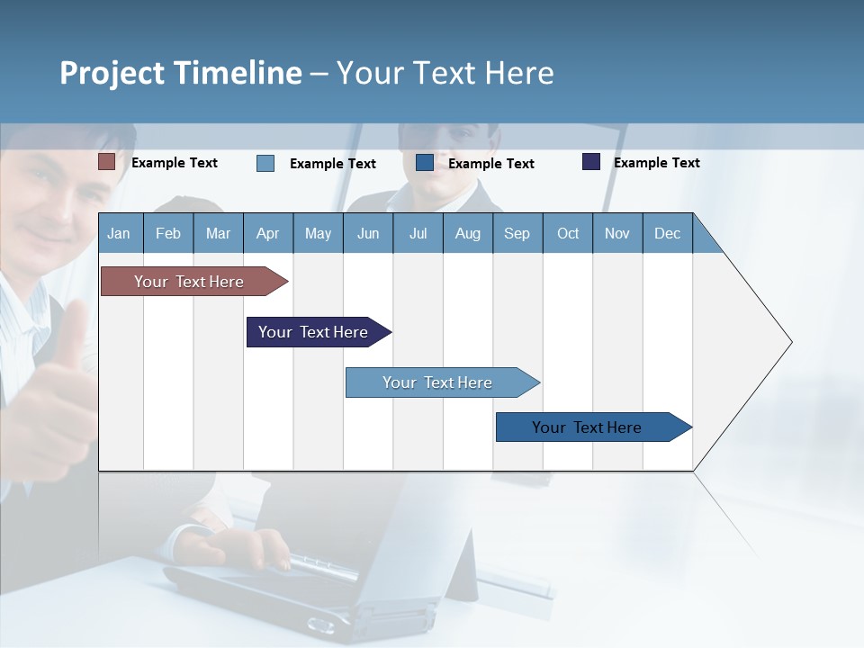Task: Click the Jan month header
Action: [x=119, y=233]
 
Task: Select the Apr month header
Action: [x=267, y=233]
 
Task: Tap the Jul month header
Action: [x=418, y=233]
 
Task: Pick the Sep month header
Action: [x=517, y=233]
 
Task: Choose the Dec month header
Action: [x=667, y=233]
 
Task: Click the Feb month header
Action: [x=168, y=233]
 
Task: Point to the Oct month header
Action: [x=568, y=233]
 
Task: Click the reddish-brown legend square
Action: [x=106, y=162]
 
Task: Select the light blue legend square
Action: [x=265, y=163]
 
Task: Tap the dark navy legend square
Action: [x=591, y=162]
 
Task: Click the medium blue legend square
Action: [x=425, y=163]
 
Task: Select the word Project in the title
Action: [x=112, y=73]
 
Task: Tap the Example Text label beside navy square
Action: [x=656, y=163]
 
